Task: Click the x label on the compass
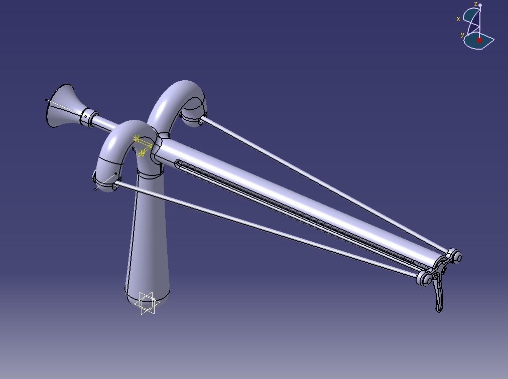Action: point(458,19)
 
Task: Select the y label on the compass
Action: point(462,35)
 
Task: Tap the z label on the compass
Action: point(476,4)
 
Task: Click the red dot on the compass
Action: point(479,40)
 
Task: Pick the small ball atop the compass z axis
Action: point(480,6)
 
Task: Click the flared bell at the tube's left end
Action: point(62,106)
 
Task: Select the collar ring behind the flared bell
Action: point(89,117)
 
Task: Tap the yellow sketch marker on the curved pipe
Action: point(142,145)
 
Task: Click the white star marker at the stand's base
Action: point(148,303)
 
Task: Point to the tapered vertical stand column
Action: point(148,241)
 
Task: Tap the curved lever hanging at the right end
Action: point(440,296)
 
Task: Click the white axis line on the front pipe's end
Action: point(103,183)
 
